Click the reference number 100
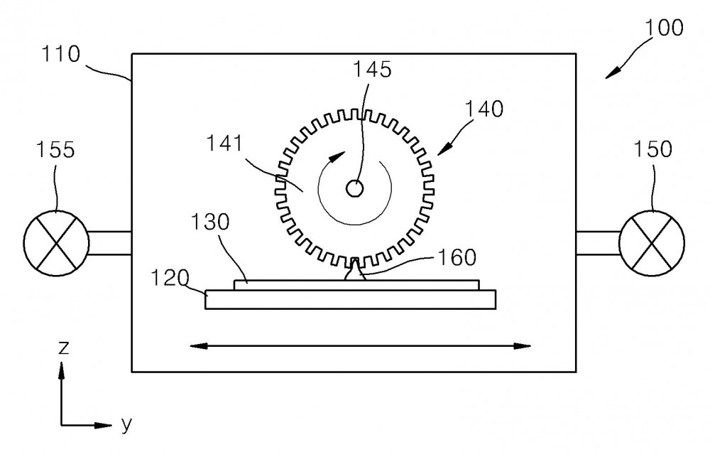pos(663,28)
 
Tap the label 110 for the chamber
pos(60,54)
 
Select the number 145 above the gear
pos(372,70)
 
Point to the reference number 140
pos(484,109)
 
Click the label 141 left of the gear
pos(225,144)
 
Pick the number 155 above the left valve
pos(55,150)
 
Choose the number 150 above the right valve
pos(652,149)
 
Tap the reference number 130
pos(210,222)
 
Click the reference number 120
pos(170,278)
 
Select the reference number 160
pos(457,257)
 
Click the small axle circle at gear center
pos(354,188)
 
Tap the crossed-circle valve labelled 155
pos(56,244)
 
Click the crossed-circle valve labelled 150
pos(652,244)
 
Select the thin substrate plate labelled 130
pos(356,285)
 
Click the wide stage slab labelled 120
pos(351,300)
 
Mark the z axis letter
pos(64,348)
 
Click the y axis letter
pos(127,424)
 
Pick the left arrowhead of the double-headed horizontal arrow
pos(198,346)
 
